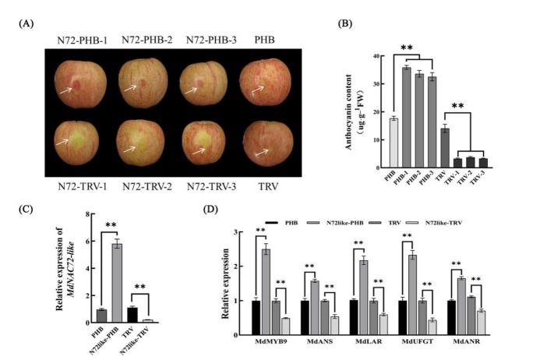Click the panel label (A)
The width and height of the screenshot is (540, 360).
pyautogui.click(x=25, y=24)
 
